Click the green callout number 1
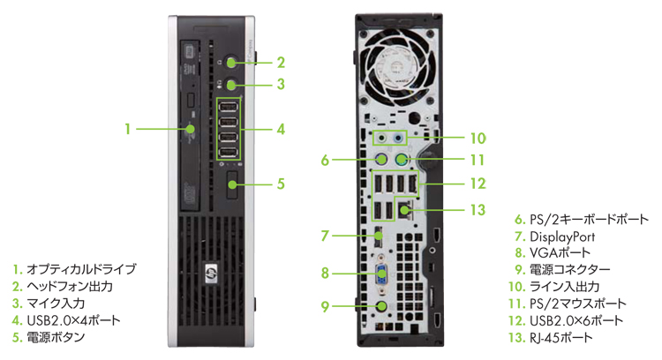point(128,129)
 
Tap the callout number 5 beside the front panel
point(281,184)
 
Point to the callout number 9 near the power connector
point(325,306)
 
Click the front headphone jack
point(231,63)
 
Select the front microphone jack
point(231,85)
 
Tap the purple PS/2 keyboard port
point(381,160)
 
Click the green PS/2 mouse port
point(402,160)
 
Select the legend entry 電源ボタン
point(57,336)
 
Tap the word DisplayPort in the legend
point(561,236)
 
